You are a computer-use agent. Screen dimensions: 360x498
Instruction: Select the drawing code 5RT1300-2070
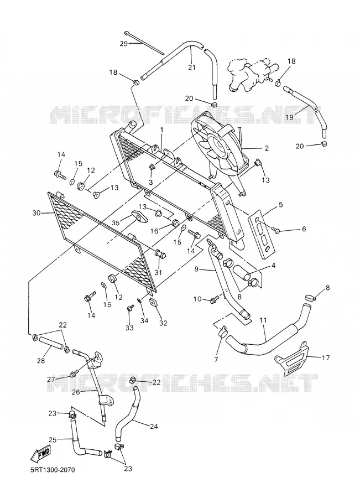coord(50,469)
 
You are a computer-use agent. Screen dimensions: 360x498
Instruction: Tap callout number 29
coord(123,44)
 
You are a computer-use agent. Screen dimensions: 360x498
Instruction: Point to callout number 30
coord(36,213)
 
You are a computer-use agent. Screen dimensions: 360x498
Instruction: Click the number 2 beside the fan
coord(267,148)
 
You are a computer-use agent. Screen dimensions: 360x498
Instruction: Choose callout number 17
coord(326,357)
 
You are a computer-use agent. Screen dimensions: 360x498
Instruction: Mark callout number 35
coord(116,223)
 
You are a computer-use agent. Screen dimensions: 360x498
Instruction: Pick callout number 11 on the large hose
coord(263,320)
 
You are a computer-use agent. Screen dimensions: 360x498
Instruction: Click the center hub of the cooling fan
coord(219,145)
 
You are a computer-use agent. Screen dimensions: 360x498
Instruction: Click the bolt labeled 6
coord(275,230)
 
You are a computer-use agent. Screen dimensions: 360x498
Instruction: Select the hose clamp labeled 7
coord(222,332)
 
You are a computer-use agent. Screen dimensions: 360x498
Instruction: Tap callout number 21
coord(192,68)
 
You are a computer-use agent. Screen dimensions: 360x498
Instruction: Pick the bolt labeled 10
coord(216,299)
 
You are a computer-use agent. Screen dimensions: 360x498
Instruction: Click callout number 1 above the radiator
coord(162,130)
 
